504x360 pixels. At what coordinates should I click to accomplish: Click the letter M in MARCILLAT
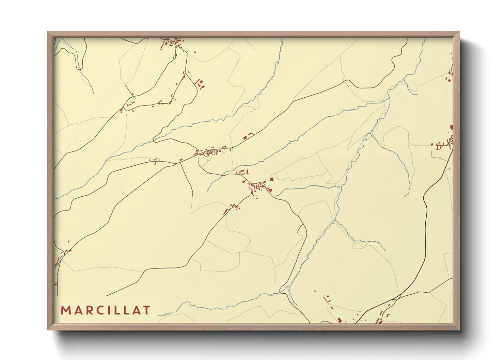65,310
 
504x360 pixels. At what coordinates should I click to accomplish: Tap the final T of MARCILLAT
147,310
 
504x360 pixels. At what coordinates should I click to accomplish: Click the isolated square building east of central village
271,179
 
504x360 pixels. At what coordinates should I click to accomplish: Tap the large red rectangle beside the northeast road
245,137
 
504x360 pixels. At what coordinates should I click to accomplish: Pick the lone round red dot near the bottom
315,291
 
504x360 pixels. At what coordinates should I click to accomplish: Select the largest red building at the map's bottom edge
339,320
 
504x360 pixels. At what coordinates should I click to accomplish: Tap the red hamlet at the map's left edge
61,256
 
